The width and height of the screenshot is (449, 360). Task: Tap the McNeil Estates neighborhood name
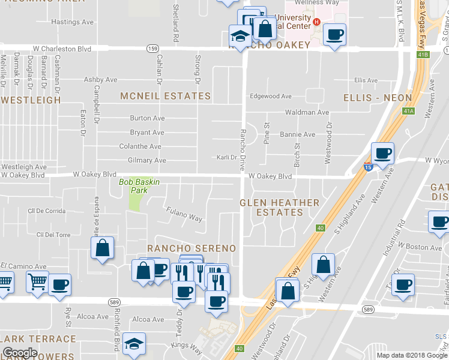[x=166, y=96]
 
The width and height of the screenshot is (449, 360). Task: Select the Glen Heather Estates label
[x=279, y=208]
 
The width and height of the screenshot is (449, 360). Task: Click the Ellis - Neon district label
[x=378, y=97]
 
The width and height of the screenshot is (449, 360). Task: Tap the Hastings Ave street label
[x=73, y=22]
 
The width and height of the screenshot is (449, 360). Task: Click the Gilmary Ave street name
[x=146, y=161]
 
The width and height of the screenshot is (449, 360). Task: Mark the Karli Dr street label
[x=228, y=158]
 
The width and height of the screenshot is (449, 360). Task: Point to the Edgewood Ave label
[x=271, y=96]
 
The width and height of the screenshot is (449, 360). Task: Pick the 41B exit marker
[x=424, y=55]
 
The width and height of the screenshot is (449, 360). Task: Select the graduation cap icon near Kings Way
[x=134, y=343]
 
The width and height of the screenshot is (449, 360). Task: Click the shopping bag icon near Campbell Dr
[x=103, y=247]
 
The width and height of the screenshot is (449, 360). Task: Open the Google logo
[x=20, y=353]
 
